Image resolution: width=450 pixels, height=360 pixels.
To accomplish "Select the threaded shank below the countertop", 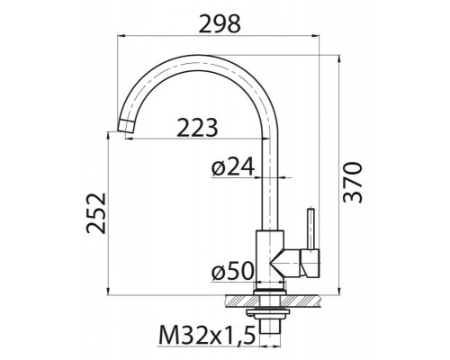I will click(x=270, y=317).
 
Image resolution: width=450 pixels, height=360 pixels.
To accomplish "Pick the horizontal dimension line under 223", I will click(x=198, y=139).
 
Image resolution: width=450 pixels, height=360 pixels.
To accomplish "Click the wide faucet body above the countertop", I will click(x=269, y=261).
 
